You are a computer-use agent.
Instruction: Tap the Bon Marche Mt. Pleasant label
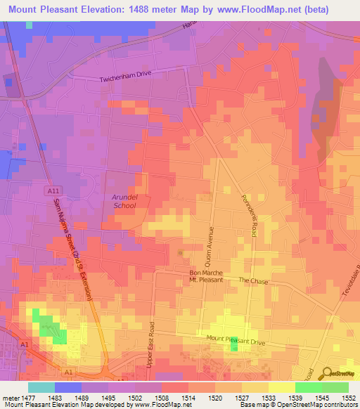click(x=206, y=276)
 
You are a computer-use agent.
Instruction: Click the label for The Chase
click(x=250, y=280)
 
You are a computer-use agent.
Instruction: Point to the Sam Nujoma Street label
click(x=70, y=249)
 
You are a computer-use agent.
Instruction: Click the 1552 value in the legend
click(x=349, y=397)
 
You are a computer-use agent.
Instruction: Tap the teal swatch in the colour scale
click(x=41, y=387)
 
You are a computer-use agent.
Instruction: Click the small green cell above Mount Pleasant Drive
click(x=233, y=344)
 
